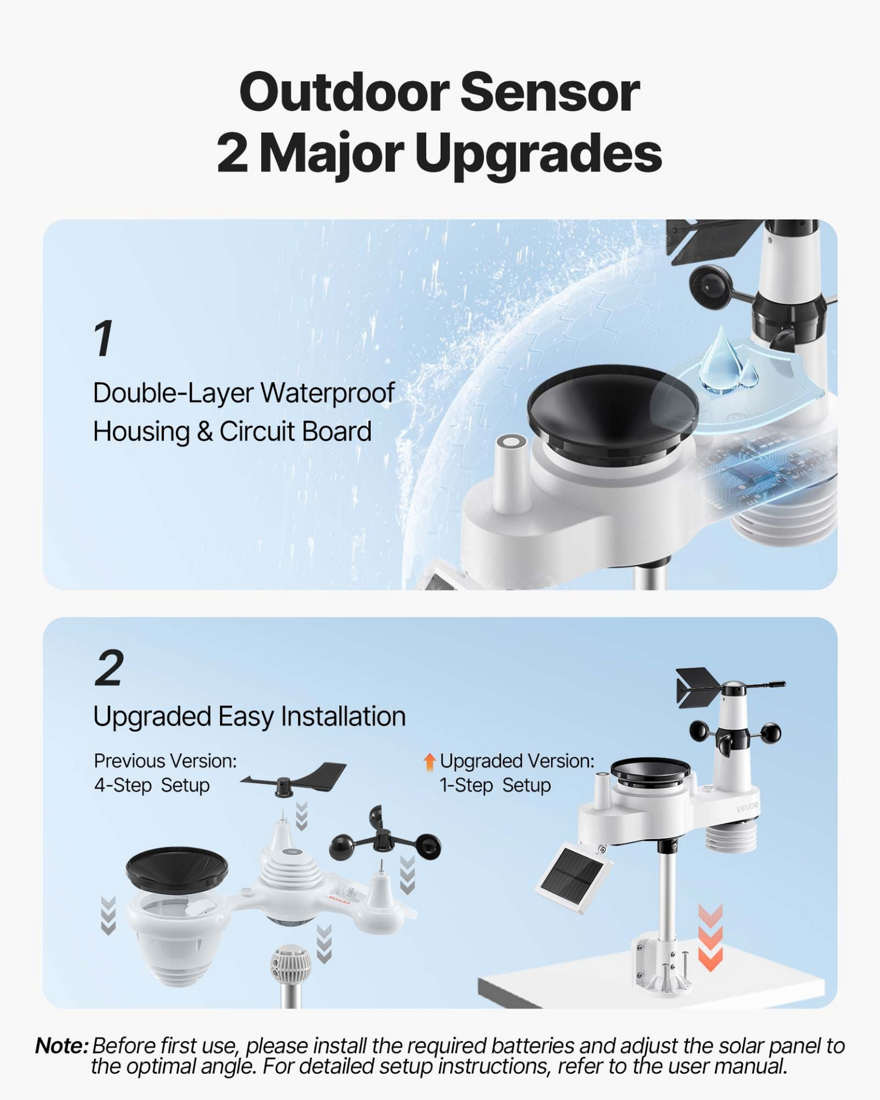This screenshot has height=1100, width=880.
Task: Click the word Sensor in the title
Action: (x=549, y=93)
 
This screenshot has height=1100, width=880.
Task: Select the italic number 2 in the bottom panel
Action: (x=110, y=668)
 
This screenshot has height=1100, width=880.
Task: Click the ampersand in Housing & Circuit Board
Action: (x=204, y=432)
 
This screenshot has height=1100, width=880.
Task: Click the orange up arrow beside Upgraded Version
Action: (x=429, y=761)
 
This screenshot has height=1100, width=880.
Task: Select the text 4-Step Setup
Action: (x=152, y=785)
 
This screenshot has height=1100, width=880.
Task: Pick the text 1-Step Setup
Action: (x=495, y=785)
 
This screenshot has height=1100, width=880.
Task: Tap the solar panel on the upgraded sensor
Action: (x=574, y=877)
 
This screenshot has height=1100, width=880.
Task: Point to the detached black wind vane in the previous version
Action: (x=294, y=779)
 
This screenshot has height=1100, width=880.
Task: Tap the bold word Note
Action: (x=62, y=1046)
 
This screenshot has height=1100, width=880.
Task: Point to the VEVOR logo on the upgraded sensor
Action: (x=747, y=808)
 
